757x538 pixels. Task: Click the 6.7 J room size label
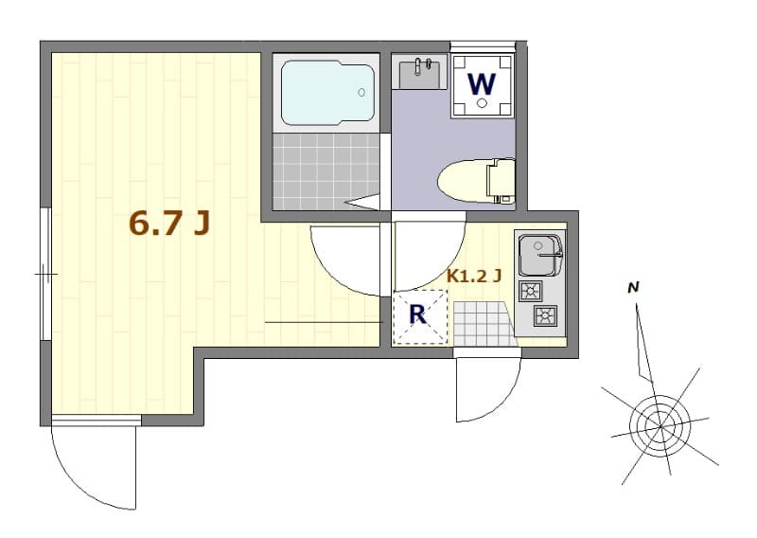click(x=169, y=224)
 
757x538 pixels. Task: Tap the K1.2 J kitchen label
click(x=473, y=278)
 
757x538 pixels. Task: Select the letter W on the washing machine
click(x=482, y=84)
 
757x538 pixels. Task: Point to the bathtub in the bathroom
click(x=326, y=93)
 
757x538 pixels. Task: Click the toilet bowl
click(x=464, y=180)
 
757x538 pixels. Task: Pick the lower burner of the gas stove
click(x=547, y=315)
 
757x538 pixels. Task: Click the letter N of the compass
click(x=635, y=287)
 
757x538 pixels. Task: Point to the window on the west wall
click(x=44, y=274)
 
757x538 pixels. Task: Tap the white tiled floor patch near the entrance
click(x=481, y=322)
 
